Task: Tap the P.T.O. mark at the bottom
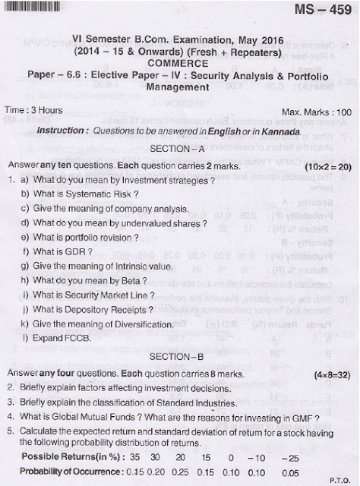[339, 479]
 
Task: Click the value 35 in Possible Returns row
[134, 458]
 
